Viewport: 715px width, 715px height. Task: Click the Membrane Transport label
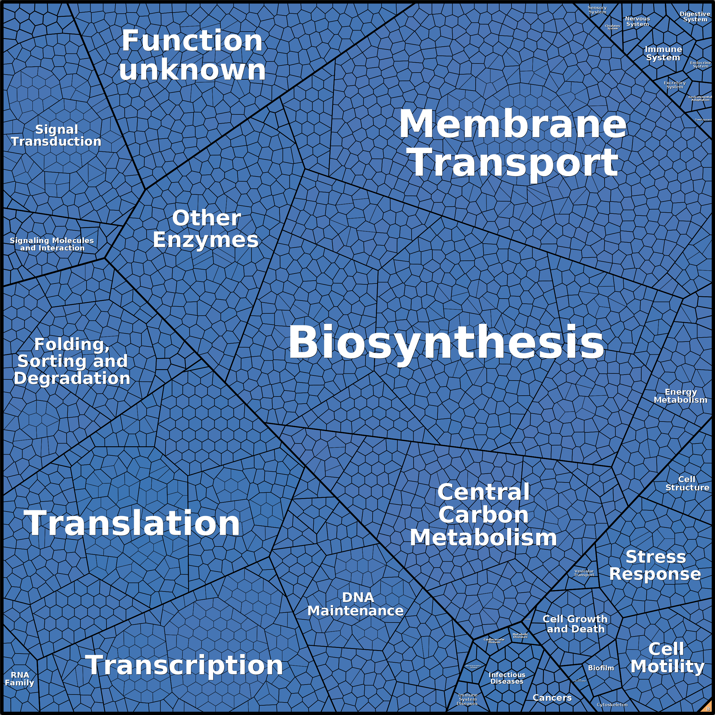click(x=513, y=143)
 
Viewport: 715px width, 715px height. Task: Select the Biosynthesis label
click(x=446, y=342)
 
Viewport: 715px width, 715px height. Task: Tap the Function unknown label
click(x=192, y=56)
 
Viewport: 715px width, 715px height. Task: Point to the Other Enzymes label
click(x=206, y=229)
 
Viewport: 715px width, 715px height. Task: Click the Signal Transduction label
click(x=56, y=135)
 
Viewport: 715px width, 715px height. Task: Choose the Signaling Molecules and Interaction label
click(x=52, y=244)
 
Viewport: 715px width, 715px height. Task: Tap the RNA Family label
click(x=20, y=679)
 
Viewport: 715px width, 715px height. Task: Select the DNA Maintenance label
click(x=356, y=604)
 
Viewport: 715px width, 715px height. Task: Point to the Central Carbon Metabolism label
click(x=483, y=515)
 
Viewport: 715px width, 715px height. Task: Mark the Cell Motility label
click(x=667, y=658)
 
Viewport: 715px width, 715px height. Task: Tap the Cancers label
click(x=552, y=698)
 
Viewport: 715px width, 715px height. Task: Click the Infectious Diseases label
click(x=507, y=678)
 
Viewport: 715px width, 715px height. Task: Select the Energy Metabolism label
click(x=681, y=396)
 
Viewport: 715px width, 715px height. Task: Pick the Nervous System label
click(x=637, y=21)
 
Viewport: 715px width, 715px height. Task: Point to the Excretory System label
click(x=675, y=85)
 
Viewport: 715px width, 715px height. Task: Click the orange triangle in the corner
click(x=708, y=708)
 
